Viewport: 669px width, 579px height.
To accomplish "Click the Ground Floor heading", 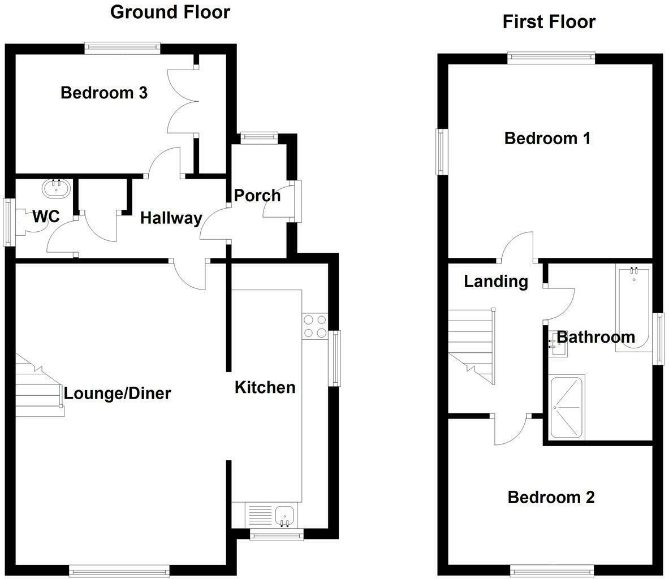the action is pyautogui.click(x=170, y=12).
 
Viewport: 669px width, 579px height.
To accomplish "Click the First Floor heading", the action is pyautogui.click(x=549, y=21).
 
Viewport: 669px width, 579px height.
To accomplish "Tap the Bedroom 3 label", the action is pyautogui.click(x=104, y=93).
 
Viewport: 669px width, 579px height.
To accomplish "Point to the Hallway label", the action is pyautogui.click(x=171, y=218).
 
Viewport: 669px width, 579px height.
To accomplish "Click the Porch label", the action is pyautogui.click(x=257, y=196).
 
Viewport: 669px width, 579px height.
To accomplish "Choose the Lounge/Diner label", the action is pyautogui.click(x=117, y=394).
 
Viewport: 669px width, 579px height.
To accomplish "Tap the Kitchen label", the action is pyautogui.click(x=265, y=388).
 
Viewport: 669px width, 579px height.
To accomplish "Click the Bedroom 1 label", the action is pyautogui.click(x=547, y=138).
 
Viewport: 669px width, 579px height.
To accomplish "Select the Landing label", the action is pyautogui.click(x=496, y=281).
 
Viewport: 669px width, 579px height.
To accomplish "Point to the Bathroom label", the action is pyautogui.click(x=596, y=338).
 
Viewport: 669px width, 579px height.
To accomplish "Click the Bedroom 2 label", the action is pyautogui.click(x=551, y=498).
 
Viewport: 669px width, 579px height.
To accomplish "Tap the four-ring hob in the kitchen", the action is pyautogui.click(x=314, y=326).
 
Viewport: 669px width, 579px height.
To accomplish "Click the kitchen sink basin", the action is pyautogui.click(x=284, y=516).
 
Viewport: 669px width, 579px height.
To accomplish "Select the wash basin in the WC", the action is pyautogui.click(x=56, y=188).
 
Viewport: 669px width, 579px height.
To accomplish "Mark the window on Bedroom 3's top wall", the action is pyautogui.click(x=122, y=48).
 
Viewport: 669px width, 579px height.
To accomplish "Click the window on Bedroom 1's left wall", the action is pyautogui.click(x=441, y=152).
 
